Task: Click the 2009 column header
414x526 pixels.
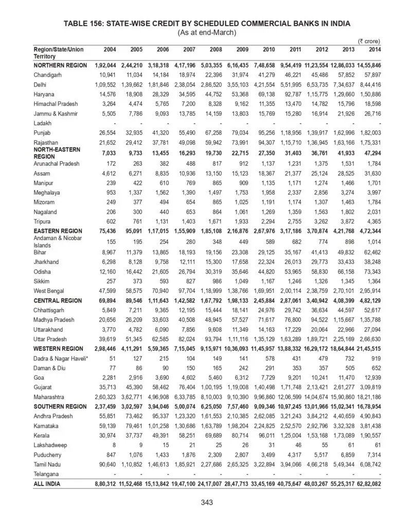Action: click(x=241, y=49)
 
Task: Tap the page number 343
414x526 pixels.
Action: click(x=207, y=503)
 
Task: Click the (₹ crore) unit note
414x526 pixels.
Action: click(x=369, y=40)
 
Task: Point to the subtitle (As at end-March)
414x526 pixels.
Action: click(x=207, y=32)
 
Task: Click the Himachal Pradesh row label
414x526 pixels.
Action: click(x=57, y=104)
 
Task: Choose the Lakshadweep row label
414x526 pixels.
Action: click(x=51, y=445)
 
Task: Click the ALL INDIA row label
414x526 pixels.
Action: click(x=47, y=484)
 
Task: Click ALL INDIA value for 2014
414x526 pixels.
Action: click(x=367, y=484)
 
